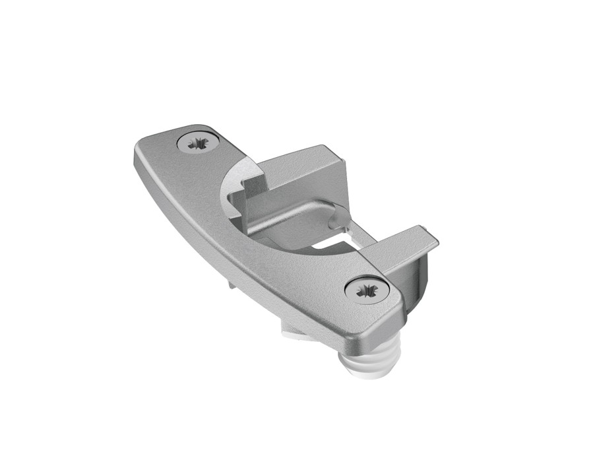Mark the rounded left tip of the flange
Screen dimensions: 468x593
140,154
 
